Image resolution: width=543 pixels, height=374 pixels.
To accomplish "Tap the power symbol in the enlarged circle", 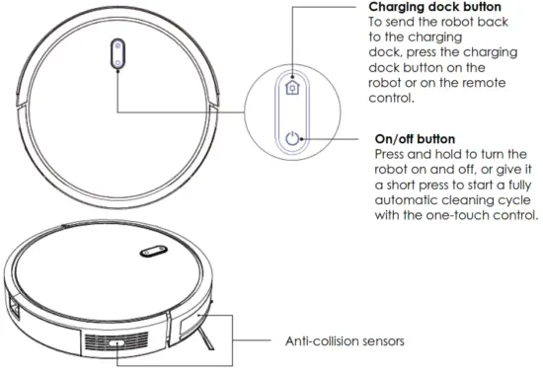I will coord(291,139).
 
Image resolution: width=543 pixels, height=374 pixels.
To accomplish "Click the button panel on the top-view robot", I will coord(116,56).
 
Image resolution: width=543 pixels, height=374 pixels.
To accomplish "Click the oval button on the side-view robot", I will coord(151,255).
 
